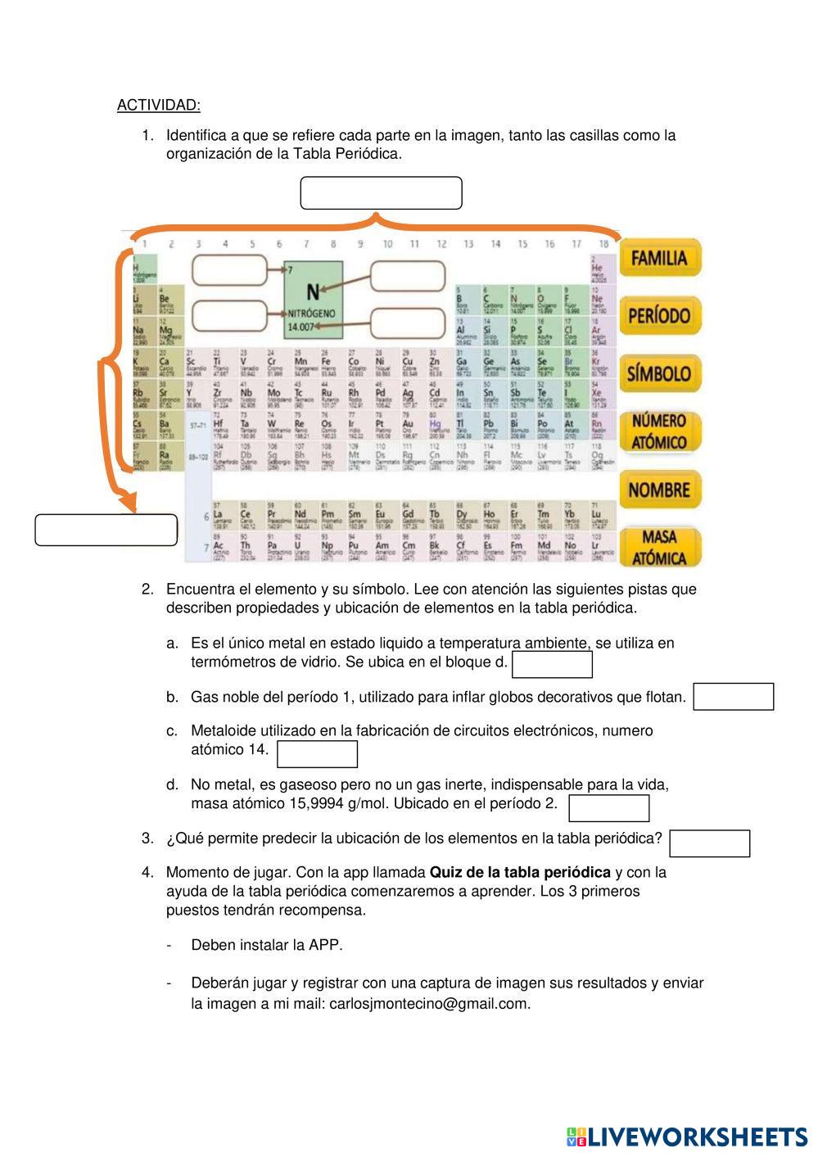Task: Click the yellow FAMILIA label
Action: point(659,259)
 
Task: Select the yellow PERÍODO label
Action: point(659,316)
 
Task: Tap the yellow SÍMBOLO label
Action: point(659,373)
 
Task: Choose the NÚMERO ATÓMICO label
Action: point(659,432)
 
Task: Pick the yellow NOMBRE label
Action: point(659,490)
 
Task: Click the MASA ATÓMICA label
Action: point(659,548)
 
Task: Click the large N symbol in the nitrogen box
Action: point(313,292)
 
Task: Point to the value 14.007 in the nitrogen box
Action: point(301,328)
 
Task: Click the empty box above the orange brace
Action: point(381,193)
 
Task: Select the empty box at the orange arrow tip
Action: point(106,530)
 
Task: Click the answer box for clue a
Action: point(552,664)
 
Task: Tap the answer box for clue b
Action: point(733,697)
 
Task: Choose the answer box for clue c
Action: point(317,753)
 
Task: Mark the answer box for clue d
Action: point(608,807)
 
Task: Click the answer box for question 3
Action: point(709,843)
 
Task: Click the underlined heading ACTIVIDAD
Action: point(158,105)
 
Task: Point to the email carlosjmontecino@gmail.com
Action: point(429,1004)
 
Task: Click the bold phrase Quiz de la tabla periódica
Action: point(520,872)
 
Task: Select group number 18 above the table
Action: point(603,243)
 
